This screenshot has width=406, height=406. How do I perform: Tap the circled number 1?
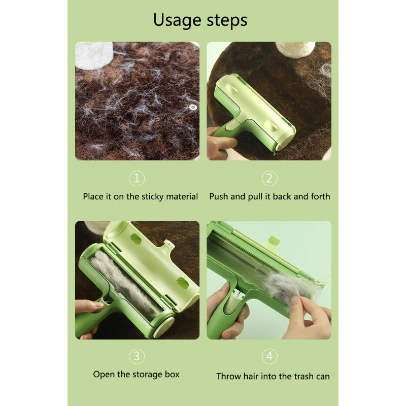pyautogui.click(x=137, y=179)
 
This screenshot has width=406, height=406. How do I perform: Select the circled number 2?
pyautogui.click(x=269, y=179)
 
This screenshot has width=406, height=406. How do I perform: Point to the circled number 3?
pyautogui.click(x=137, y=356)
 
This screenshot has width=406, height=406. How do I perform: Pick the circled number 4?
pyautogui.click(x=269, y=356)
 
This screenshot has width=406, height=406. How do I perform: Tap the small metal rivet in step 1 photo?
pyautogui.click(x=192, y=107)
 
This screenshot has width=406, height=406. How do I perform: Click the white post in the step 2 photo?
pyautogui.click(x=295, y=49)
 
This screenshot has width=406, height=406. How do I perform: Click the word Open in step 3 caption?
pyautogui.click(x=104, y=375)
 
